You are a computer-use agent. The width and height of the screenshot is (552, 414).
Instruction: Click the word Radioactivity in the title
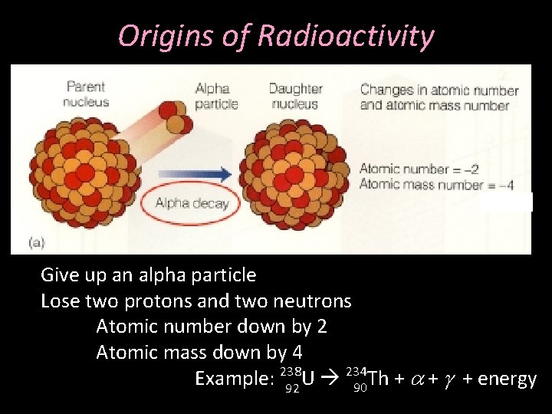[346, 35]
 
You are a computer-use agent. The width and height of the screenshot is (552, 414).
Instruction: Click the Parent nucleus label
[86, 94]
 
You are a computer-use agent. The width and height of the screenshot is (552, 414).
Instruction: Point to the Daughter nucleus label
[295, 96]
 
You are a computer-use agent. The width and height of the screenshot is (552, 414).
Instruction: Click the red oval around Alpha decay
[191, 203]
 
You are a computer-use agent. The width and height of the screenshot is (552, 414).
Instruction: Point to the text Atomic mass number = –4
[435, 184]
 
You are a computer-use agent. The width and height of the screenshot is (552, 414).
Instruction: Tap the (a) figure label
[36, 242]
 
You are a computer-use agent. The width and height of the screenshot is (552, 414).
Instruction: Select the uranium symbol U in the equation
[308, 379]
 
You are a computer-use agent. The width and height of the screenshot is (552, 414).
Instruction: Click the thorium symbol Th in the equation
[379, 379]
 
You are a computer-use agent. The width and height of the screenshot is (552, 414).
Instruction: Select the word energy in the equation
[507, 379]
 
